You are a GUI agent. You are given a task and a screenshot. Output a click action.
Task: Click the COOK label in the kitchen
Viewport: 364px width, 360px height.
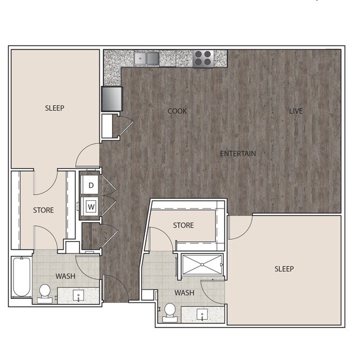coord(178,111)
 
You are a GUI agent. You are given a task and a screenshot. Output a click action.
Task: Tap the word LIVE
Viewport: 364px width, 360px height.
coord(296,111)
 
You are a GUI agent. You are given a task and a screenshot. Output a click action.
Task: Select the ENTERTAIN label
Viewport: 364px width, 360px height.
coord(237,154)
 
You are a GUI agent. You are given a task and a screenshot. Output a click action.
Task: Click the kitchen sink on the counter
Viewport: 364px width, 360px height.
coord(147,58)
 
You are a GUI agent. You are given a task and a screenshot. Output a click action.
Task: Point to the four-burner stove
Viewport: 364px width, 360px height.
coord(203,58)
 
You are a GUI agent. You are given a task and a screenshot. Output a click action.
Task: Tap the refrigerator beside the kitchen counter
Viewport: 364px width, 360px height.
coord(111,99)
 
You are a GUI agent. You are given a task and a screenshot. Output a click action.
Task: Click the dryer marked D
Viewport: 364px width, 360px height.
coord(91,184)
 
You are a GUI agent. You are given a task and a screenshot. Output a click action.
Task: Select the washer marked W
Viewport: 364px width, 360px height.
coord(91,207)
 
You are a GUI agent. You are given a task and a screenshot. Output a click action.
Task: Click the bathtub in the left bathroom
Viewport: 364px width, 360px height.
coord(21,277)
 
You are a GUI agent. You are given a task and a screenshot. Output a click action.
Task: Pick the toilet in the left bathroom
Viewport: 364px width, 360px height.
coord(45,292)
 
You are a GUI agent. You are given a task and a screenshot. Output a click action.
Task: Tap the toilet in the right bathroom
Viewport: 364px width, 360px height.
coord(169,312)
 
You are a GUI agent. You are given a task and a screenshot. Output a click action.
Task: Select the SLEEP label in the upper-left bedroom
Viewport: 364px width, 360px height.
coord(55,108)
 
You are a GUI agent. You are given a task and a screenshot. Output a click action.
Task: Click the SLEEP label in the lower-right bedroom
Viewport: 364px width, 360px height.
coord(284,269)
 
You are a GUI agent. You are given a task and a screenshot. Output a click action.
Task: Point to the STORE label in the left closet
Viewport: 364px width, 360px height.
coord(43,210)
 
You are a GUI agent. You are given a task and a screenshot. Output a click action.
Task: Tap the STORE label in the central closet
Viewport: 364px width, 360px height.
coord(183,225)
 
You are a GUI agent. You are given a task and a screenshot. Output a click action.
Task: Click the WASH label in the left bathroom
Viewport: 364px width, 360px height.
coord(66,276)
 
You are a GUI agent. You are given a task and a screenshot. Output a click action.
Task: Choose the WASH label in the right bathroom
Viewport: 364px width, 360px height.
coord(184,293)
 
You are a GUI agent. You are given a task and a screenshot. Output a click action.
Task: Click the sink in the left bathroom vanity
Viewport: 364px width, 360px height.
coord(78,294)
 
